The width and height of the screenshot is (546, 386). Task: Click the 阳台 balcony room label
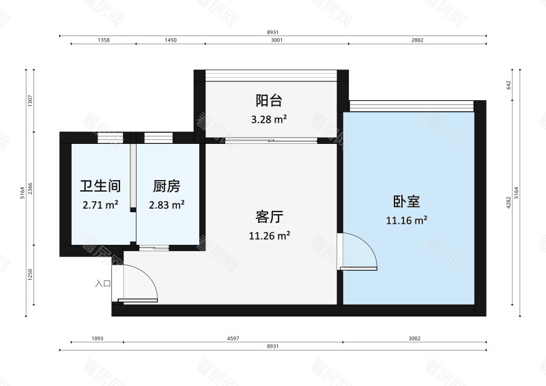(269, 101)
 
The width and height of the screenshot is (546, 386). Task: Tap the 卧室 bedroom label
(406, 202)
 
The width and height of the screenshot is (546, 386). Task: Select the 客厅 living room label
(269, 217)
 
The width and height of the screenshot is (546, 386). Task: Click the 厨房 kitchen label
(167, 185)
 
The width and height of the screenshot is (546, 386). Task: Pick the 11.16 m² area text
(406, 220)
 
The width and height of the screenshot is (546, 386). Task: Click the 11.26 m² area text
(269, 235)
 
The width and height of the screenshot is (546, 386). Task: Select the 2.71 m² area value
(100, 204)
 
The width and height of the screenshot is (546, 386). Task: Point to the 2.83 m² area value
(167, 204)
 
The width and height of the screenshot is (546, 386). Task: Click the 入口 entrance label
(103, 283)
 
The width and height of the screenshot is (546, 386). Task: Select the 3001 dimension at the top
(276, 41)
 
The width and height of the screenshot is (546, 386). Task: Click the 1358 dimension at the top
(104, 41)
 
